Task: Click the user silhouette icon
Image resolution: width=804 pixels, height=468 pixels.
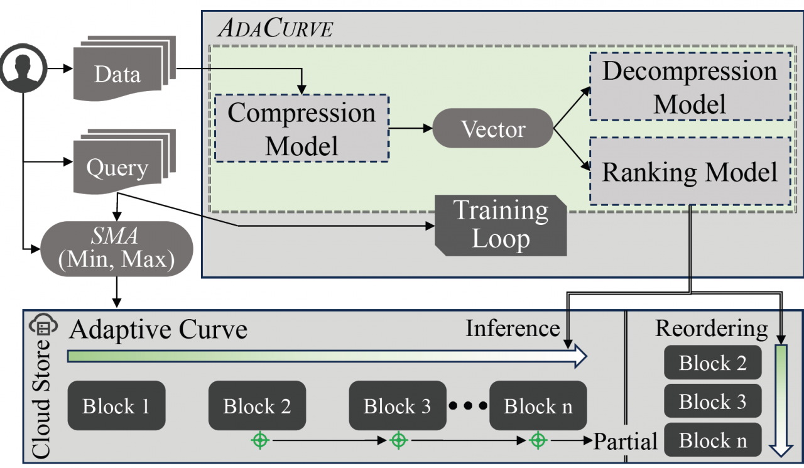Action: [23, 67]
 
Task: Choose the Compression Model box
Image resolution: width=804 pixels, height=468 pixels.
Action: [301, 129]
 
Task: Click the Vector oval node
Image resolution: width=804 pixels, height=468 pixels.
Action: [493, 129]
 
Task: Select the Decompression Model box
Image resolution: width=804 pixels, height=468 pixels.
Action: [689, 87]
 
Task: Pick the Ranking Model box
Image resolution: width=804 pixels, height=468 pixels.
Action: [689, 171]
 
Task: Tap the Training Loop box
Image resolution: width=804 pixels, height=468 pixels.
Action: [501, 224]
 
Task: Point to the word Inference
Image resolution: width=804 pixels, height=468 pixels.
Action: [513, 328]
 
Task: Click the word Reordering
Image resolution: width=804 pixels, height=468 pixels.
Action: [711, 328]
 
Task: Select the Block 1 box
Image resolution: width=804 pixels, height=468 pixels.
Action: [116, 406]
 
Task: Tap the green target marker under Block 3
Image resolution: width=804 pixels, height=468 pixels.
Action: [398, 440]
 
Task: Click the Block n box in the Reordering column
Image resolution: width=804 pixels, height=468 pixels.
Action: [713, 440]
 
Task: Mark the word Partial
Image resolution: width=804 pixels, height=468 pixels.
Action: [626, 441]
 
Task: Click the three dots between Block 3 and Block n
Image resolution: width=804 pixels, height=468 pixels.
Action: [469, 406]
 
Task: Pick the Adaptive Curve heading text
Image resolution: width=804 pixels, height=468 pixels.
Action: [158, 329]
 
